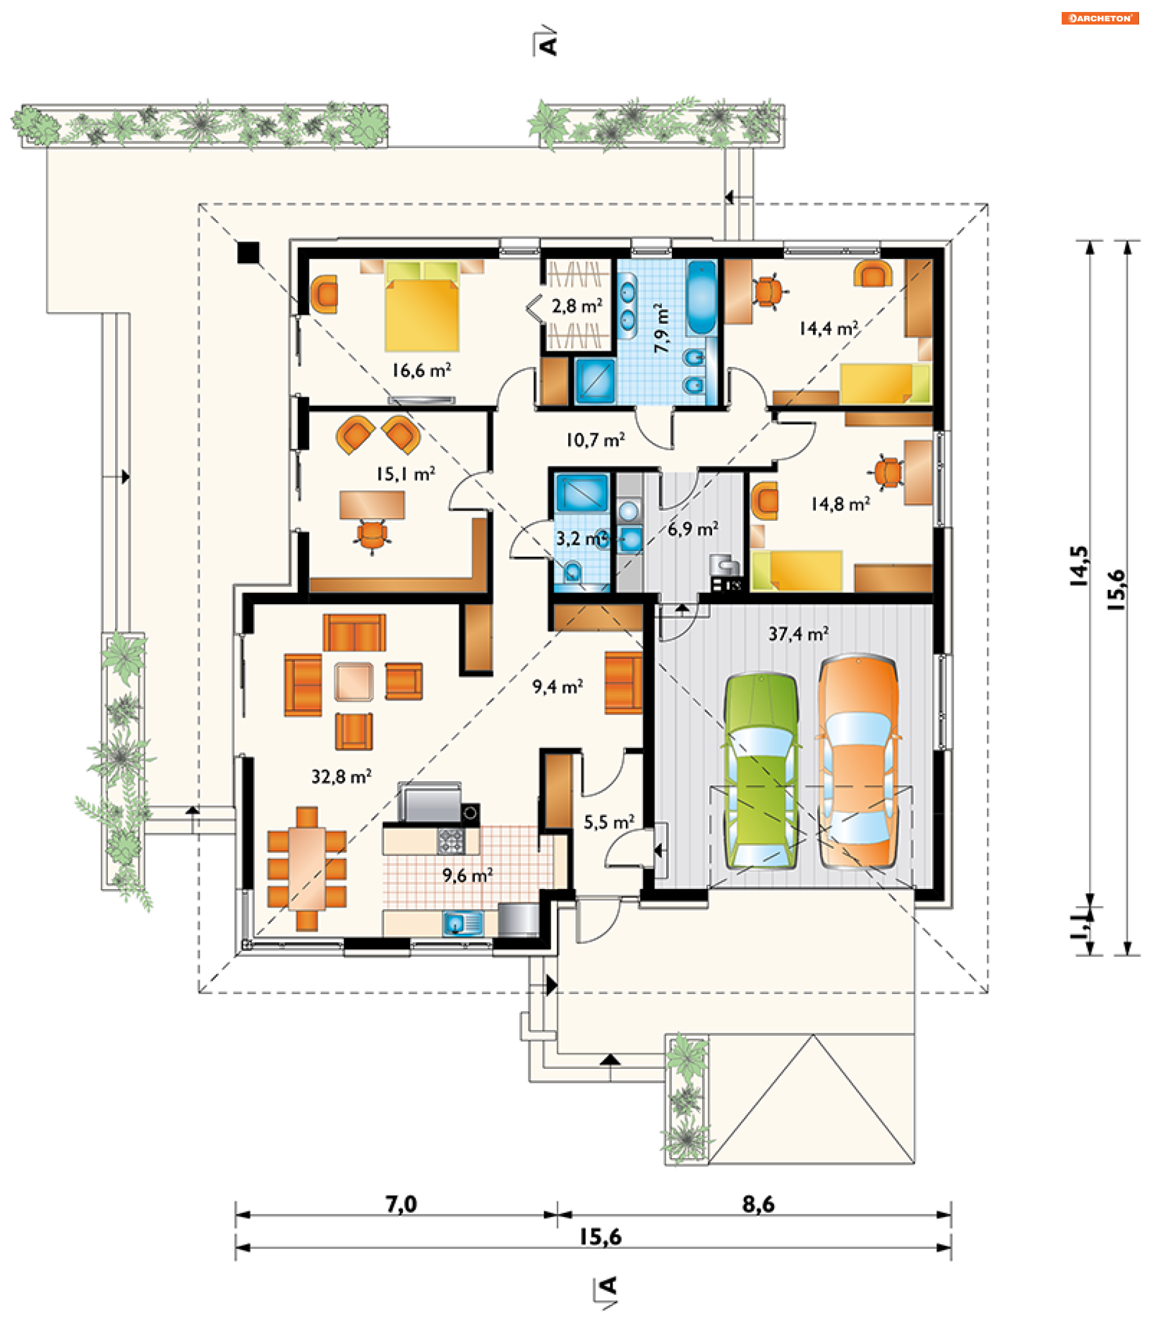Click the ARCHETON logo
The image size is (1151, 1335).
pyautogui.click(x=1099, y=18)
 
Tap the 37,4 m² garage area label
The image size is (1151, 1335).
pyautogui.click(x=798, y=634)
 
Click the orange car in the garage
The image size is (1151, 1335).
pyautogui.click(x=858, y=761)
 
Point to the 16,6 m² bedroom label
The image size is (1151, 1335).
pyautogui.click(x=421, y=370)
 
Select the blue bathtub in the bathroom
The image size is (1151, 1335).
pyautogui.click(x=701, y=297)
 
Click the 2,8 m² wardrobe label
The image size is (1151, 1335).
pyautogui.click(x=577, y=306)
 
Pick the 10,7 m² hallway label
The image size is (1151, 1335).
pyautogui.click(x=595, y=440)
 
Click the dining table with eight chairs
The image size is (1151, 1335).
pyautogui.click(x=307, y=868)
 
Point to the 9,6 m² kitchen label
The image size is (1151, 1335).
pyautogui.click(x=467, y=876)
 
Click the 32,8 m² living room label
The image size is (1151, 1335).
pyautogui.click(x=341, y=776)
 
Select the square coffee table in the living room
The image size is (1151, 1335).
pyautogui.click(x=354, y=682)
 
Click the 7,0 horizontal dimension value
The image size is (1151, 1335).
pyautogui.click(x=401, y=1204)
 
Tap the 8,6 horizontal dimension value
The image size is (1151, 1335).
pyautogui.click(x=758, y=1204)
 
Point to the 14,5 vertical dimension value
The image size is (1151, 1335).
pyautogui.click(x=1079, y=566)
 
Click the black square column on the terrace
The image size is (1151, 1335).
pyautogui.click(x=248, y=252)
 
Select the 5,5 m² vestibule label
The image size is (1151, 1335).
pyautogui.click(x=609, y=822)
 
